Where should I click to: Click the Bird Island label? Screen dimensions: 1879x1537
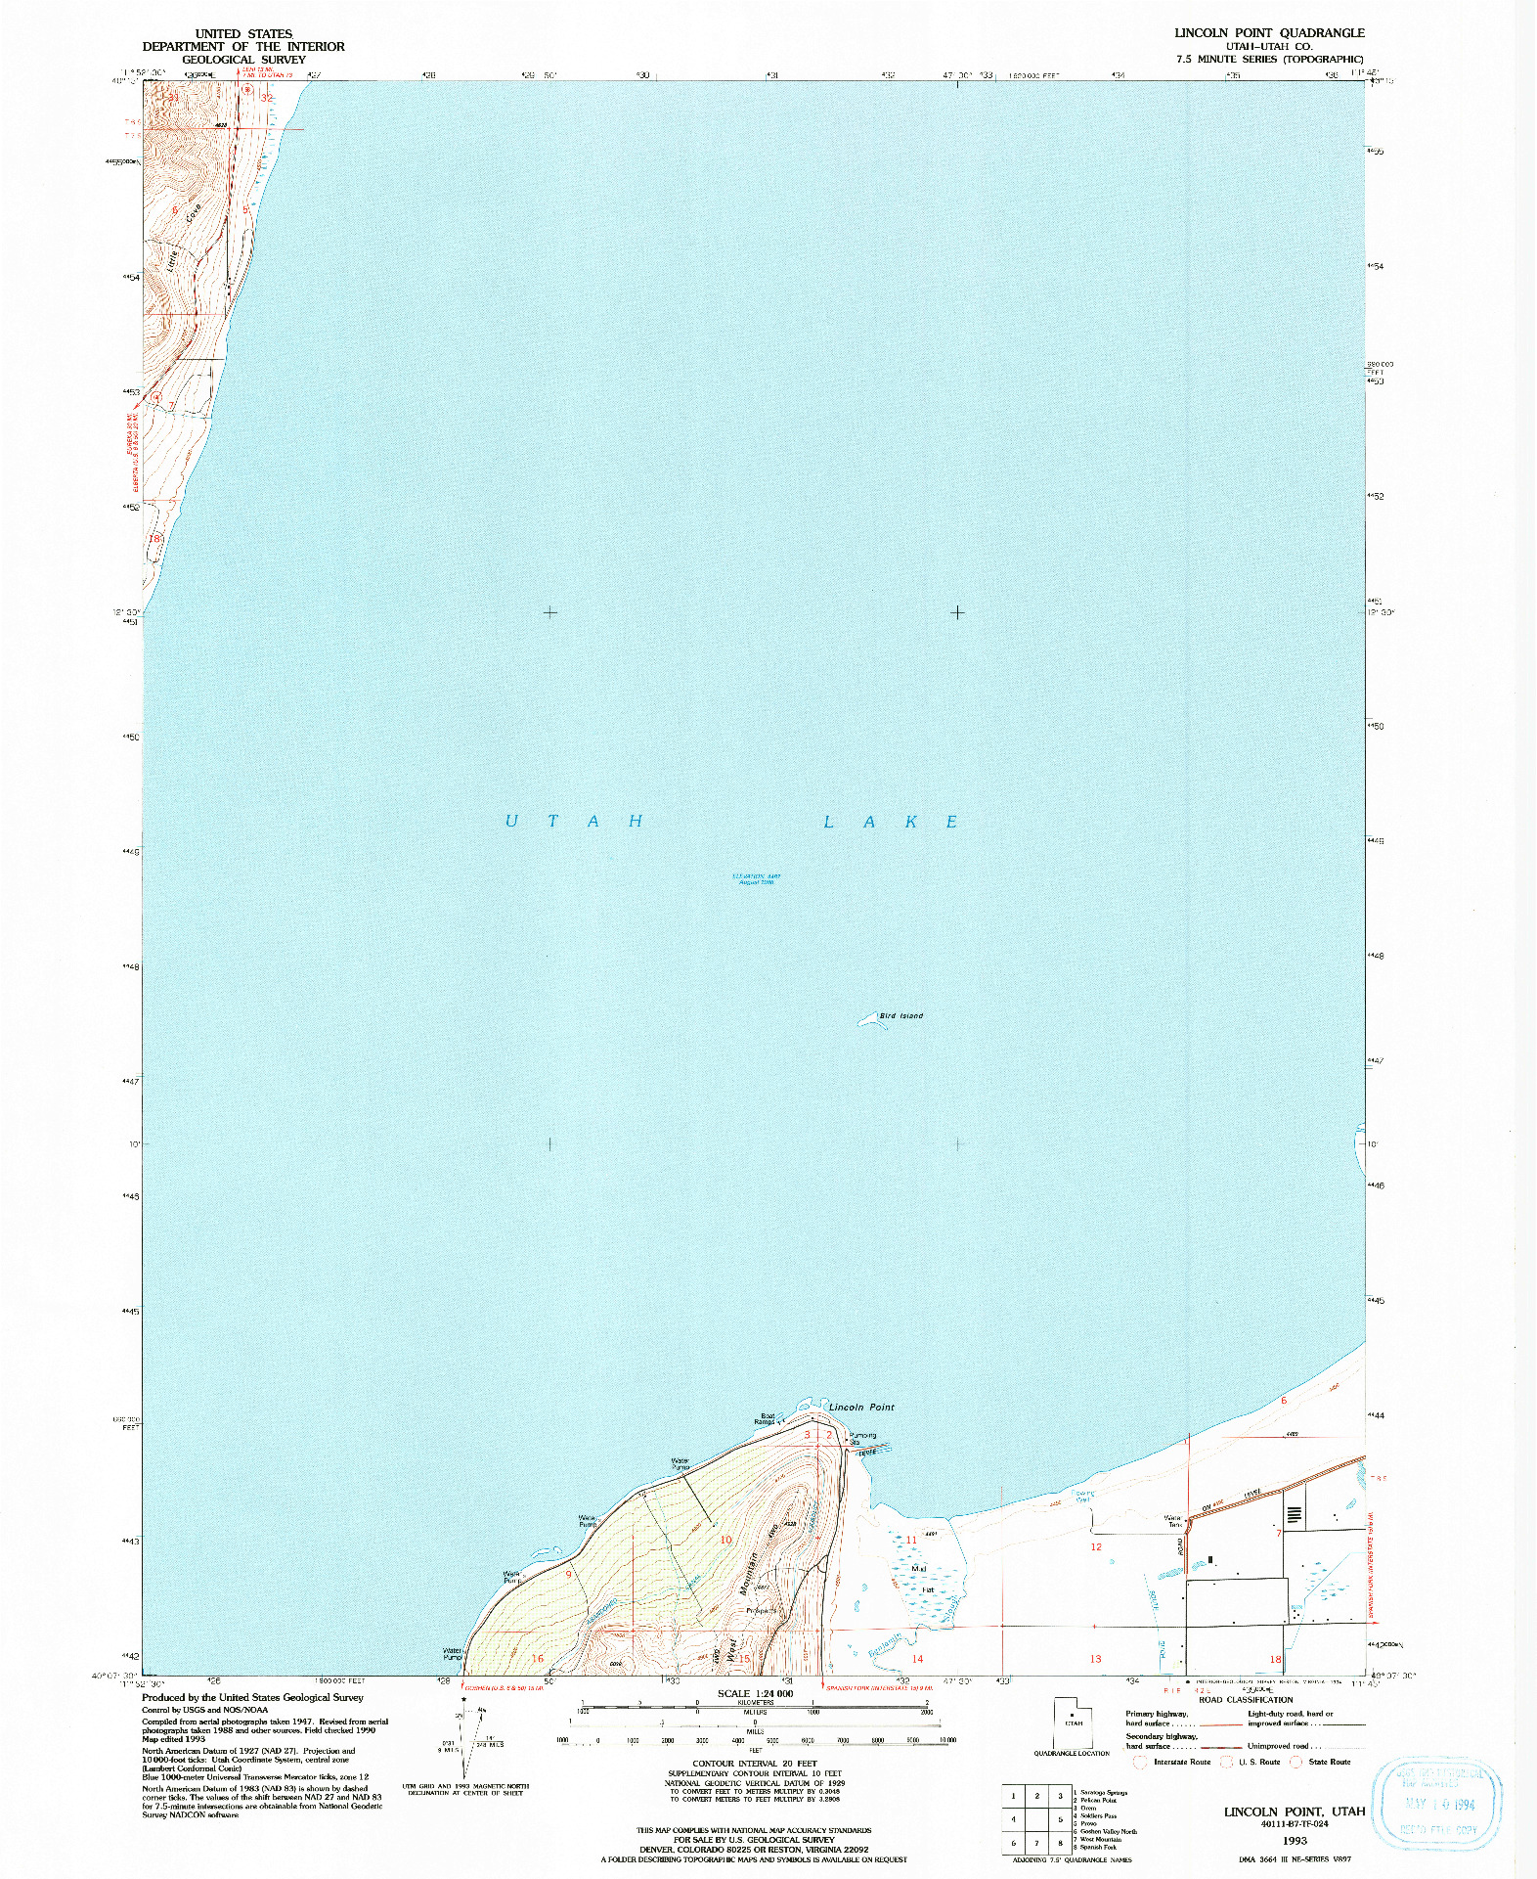pyautogui.click(x=900, y=1015)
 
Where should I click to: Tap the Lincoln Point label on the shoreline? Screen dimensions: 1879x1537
pyautogui.click(x=861, y=1407)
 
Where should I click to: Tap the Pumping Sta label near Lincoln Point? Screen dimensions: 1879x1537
pyautogui.click(x=861, y=1439)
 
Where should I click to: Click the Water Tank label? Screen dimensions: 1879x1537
pyautogui.click(x=1172, y=1522)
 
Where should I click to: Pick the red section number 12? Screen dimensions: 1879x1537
pyautogui.click(x=1096, y=1547)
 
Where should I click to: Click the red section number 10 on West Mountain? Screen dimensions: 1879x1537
pyautogui.click(x=725, y=1540)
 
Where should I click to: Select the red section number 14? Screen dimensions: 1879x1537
pyautogui.click(x=917, y=1659)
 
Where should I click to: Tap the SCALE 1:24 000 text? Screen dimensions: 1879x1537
pyautogui.click(x=755, y=1693)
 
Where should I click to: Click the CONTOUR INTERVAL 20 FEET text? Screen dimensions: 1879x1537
pyautogui.click(x=755, y=1764)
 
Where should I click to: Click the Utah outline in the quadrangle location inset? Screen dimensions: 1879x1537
pyautogui.click(x=1073, y=1722)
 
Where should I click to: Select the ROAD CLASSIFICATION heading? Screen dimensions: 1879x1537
pyautogui.click(x=1245, y=1700)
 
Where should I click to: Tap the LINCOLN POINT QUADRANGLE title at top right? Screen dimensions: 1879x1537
pyautogui.click(x=1269, y=32)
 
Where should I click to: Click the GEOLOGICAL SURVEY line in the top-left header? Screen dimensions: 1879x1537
pyautogui.click(x=243, y=60)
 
